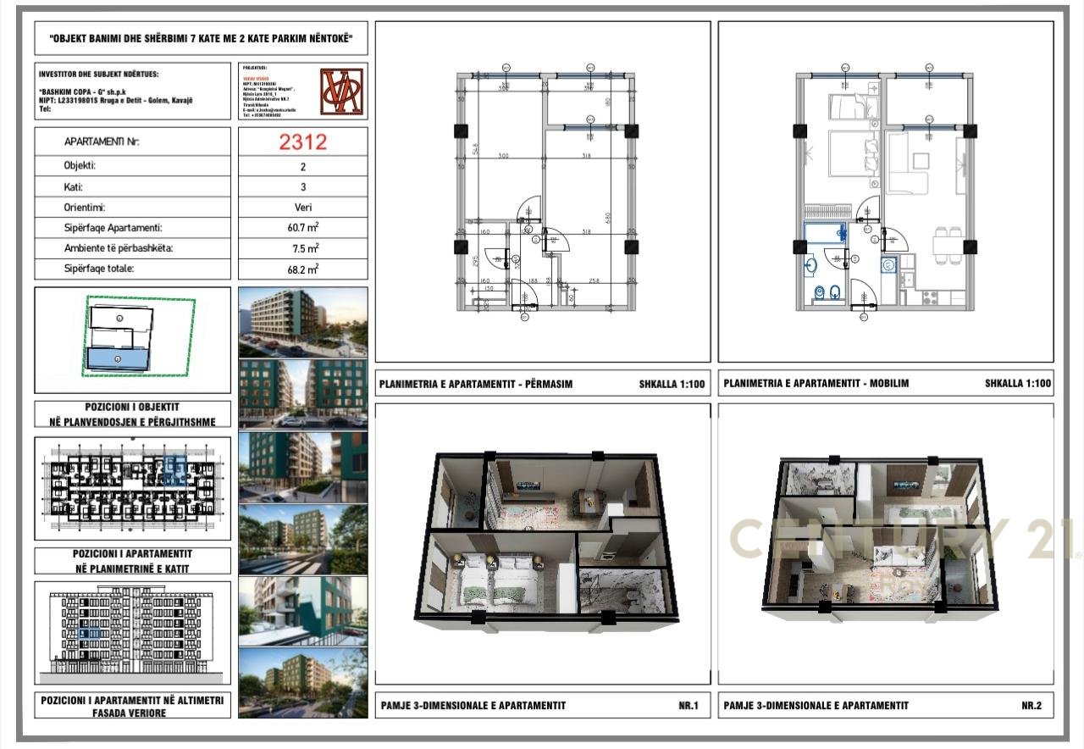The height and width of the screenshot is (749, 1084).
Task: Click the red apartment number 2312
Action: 303,141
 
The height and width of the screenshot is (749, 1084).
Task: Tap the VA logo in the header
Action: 342,91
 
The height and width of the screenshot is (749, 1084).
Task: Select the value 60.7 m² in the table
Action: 303,228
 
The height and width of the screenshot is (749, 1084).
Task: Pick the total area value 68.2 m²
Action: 303,269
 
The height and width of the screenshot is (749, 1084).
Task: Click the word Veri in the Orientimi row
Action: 303,208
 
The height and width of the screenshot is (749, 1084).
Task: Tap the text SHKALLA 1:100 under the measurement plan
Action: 672,384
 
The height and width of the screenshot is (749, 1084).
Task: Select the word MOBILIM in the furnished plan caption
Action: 888,384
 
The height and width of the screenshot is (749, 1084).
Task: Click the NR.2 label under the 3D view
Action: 1031,705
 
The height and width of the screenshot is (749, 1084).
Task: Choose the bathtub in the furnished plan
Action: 824,233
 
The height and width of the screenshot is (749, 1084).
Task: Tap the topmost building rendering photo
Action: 303,322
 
